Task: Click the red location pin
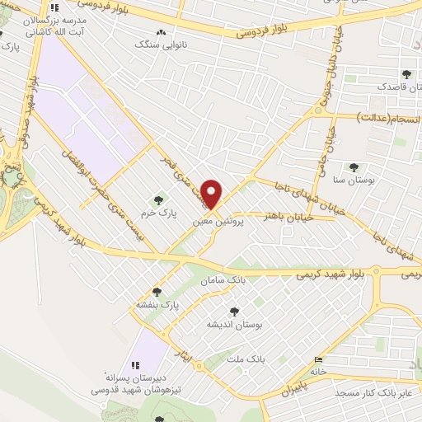(213, 195)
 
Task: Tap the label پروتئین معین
(216, 222)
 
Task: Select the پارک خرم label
(157, 213)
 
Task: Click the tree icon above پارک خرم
(158, 199)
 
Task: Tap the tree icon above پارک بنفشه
(157, 292)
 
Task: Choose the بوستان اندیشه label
(233, 324)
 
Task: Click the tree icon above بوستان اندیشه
(234, 311)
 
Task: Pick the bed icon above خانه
(318, 359)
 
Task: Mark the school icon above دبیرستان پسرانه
(134, 365)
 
